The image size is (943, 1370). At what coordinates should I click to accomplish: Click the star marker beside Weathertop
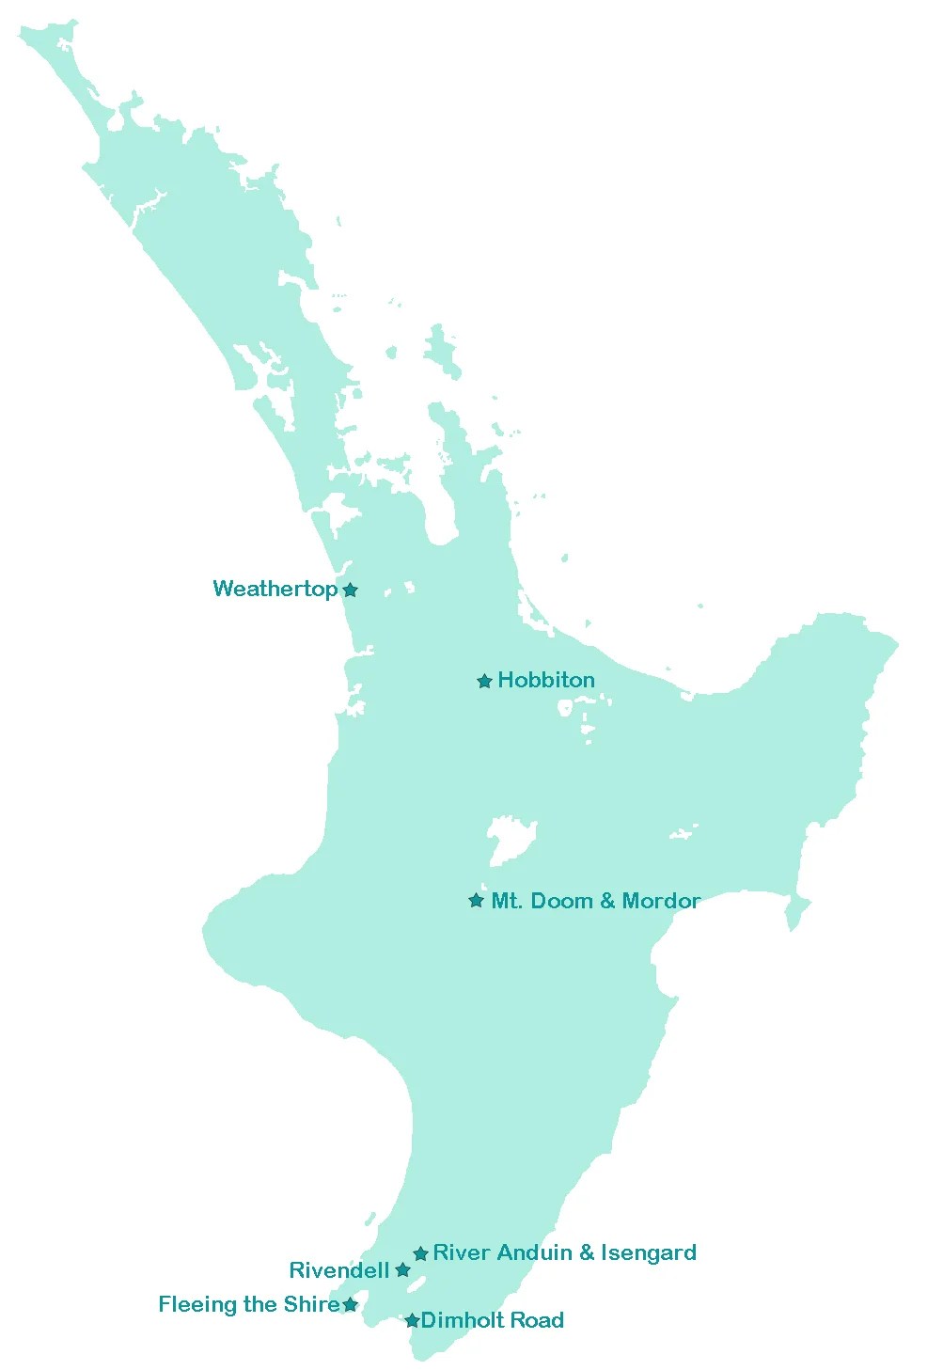(x=350, y=591)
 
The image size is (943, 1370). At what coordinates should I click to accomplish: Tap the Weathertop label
(x=275, y=589)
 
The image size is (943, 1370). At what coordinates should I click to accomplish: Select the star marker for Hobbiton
(x=484, y=682)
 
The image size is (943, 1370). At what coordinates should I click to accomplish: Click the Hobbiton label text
(x=546, y=680)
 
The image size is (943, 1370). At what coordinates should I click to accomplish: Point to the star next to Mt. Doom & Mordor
(x=477, y=901)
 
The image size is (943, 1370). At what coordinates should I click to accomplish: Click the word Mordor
(x=661, y=901)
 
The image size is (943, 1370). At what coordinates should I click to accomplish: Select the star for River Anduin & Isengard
(x=420, y=1253)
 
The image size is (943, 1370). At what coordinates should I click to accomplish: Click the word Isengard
(x=649, y=1252)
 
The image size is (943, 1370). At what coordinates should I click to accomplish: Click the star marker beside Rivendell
(x=402, y=1270)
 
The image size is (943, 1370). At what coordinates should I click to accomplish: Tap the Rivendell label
(x=338, y=1270)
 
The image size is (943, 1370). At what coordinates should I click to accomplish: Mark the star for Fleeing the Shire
(x=350, y=1305)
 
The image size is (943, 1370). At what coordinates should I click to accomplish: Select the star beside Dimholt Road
(x=412, y=1321)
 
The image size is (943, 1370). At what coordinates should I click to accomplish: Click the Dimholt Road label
(x=492, y=1320)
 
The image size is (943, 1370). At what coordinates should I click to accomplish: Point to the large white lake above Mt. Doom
(x=508, y=839)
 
